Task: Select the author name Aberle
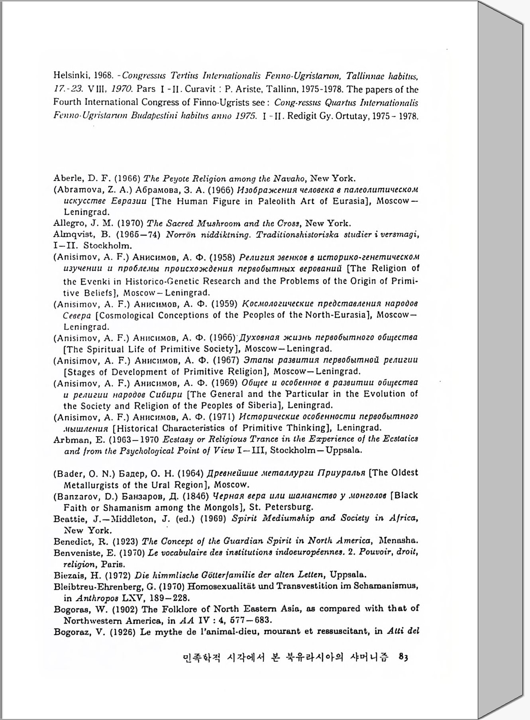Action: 66,178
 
